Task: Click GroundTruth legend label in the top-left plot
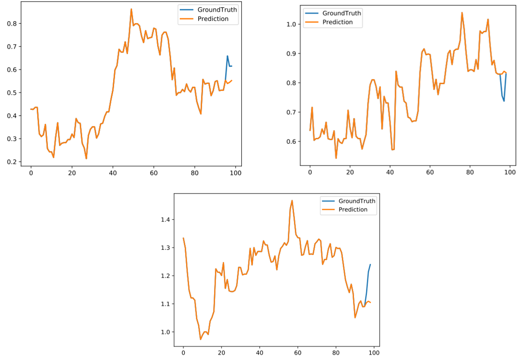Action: (x=217, y=10)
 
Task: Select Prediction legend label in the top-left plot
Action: (x=213, y=19)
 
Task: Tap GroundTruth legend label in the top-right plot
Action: (x=341, y=13)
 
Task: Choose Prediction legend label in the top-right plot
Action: (x=337, y=22)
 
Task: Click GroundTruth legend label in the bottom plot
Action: (x=357, y=201)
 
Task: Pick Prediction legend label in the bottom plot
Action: (x=353, y=210)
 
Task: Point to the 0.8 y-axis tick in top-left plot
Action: (x=11, y=23)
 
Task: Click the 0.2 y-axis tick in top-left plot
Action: (x=11, y=162)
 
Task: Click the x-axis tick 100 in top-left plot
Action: (x=235, y=173)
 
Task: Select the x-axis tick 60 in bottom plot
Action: (x=297, y=353)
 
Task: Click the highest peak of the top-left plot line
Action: (x=131, y=9)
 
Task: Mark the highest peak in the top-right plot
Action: (x=462, y=13)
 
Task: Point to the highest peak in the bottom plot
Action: (x=292, y=200)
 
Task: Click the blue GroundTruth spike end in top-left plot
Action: (x=227, y=56)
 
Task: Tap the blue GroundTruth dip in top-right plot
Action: (x=504, y=101)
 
